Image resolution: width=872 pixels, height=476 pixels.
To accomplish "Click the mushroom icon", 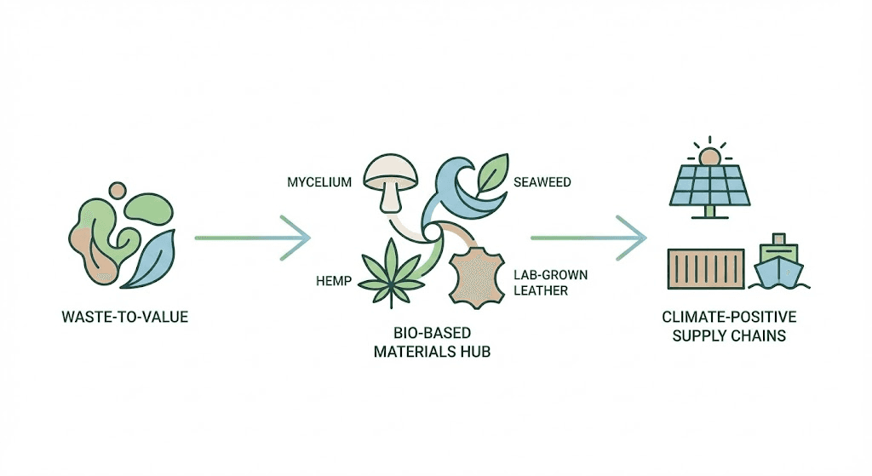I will [x=387, y=179].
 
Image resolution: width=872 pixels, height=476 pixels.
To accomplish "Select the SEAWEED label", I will [x=541, y=181].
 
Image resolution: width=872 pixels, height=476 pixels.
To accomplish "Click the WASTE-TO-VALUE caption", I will [x=125, y=318].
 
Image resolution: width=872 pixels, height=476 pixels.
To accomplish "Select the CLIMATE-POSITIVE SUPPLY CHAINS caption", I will [x=729, y=326].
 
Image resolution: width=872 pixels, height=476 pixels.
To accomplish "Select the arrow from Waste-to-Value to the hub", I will [x=252, y=237].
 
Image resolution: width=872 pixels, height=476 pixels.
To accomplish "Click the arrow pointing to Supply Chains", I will [x=588, y=237].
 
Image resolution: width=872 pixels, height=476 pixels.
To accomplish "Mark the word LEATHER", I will [x=541, y=291].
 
